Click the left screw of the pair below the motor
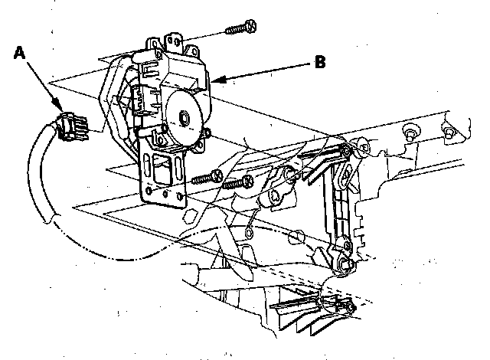[204, 179]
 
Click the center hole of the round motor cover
[185, 119]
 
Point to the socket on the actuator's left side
[141, 100]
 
